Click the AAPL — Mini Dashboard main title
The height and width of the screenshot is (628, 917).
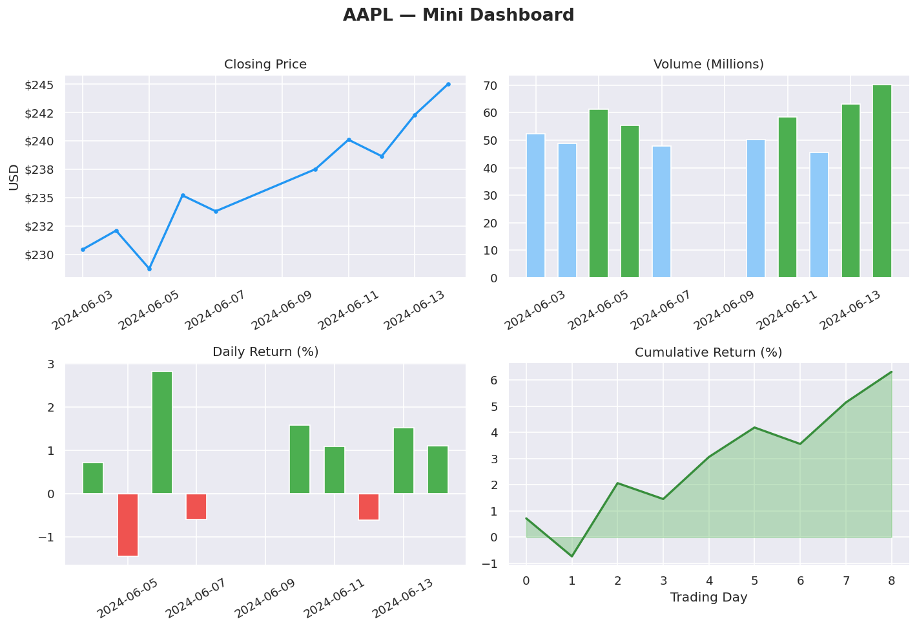(458, 16)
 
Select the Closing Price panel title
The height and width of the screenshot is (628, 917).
(265, 65)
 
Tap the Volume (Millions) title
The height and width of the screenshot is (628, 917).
(708, 65)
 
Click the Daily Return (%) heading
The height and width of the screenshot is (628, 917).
(265, 352)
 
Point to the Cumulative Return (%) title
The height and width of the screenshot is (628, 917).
(708, 353)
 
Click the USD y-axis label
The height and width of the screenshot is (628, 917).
(14, 177)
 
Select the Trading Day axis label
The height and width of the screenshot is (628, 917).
(708, 598)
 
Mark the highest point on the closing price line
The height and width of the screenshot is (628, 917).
(448, 85)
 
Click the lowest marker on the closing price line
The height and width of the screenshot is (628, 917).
(149, 269)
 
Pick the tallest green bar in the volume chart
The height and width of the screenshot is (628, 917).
(881, 181)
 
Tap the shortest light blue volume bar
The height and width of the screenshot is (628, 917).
(819, 215)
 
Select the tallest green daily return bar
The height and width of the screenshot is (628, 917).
(162, 432)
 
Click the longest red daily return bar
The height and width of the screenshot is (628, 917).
(128, 525)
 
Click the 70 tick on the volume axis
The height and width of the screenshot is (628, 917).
(490, 86)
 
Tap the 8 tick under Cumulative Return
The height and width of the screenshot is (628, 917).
(891, 581)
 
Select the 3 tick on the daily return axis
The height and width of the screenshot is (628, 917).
(50, 364)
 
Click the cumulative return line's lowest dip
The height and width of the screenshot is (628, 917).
(572, 556)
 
